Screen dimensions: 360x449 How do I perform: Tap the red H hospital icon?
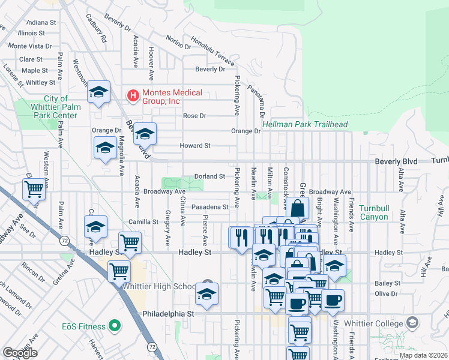[131, 94]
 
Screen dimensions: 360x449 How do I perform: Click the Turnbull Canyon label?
[379, 212]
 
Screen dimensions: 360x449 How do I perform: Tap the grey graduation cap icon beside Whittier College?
[412, 323]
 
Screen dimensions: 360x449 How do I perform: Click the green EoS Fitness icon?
[113, 326]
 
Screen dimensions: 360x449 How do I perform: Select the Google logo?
[20, 352]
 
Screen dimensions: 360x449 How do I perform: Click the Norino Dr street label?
[178, 42]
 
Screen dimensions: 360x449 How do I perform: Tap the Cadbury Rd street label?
[96, 29]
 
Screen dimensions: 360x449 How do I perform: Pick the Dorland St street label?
[209, 176]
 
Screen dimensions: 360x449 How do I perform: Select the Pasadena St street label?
[210, 207]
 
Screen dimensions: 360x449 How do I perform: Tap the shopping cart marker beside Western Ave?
[34, 189]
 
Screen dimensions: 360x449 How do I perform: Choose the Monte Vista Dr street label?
[31, 46]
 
